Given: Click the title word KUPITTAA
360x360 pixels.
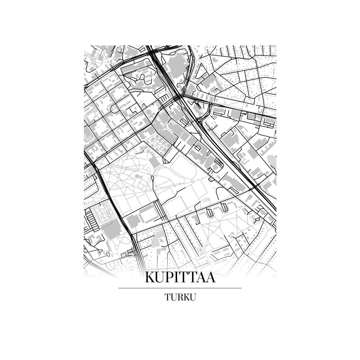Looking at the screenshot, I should [x=180, y=278].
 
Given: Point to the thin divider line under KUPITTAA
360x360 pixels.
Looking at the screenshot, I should [x=180, y=288].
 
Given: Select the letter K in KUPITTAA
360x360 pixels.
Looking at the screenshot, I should [x=149, y=278].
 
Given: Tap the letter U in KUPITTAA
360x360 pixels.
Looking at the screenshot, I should [x=160, y=278].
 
